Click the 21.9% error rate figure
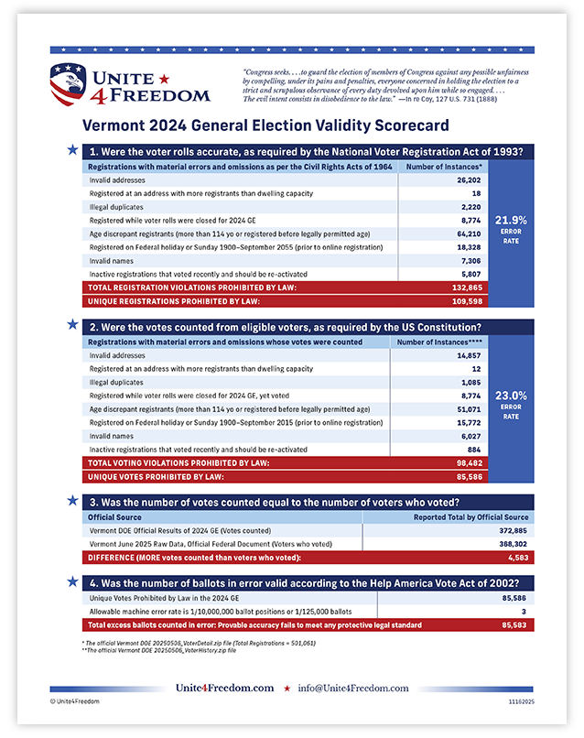tap(511, 220)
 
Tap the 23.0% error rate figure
tap(511, 396)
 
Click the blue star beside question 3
tap(72, 501)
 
